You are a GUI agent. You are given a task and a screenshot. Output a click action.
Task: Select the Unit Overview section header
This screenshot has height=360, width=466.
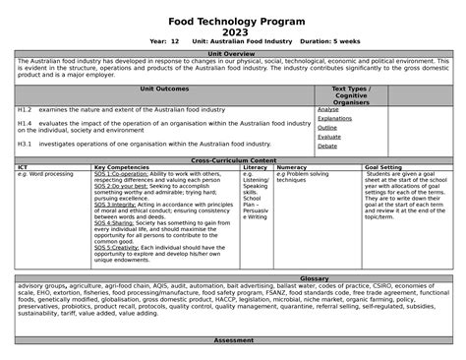click(233, 54)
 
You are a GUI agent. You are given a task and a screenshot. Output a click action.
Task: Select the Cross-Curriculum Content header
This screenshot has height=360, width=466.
click(233, 160)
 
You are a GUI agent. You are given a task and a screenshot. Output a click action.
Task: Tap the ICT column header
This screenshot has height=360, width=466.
click(23, 167)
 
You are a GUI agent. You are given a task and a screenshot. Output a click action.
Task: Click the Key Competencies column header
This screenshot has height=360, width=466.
click(122, 167)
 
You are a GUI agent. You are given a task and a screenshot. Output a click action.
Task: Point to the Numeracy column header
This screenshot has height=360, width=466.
click(292, 167)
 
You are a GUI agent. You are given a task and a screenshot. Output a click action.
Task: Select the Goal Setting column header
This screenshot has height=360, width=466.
click(382, 167)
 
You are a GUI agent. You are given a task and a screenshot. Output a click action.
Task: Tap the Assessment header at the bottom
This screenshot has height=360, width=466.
click(233, 339)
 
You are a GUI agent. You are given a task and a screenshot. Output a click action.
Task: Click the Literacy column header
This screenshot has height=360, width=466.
click(255, 167)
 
